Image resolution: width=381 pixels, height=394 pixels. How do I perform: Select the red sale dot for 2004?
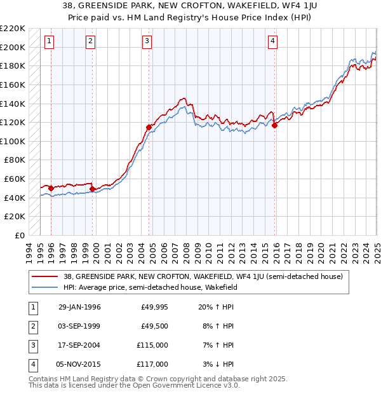(x=149, y=127)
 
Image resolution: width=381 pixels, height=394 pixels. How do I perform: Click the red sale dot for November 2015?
(x=275, y=126)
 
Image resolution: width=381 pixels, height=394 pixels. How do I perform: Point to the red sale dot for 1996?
(x=51, y=188)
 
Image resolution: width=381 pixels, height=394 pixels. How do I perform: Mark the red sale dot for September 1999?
(x=92, y=189)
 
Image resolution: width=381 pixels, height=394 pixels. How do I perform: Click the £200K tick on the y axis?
(x=13, y=47)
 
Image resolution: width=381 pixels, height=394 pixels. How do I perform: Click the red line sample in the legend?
(x=45, y=276)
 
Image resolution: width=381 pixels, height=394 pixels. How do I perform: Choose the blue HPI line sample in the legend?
(x=45, y=287)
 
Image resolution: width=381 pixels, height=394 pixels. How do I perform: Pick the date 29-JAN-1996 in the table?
(x=79, y=308)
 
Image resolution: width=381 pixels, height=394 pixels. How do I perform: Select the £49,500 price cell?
(x=154, y=326)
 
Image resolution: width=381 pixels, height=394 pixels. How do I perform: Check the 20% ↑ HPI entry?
(x=217, y=308)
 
